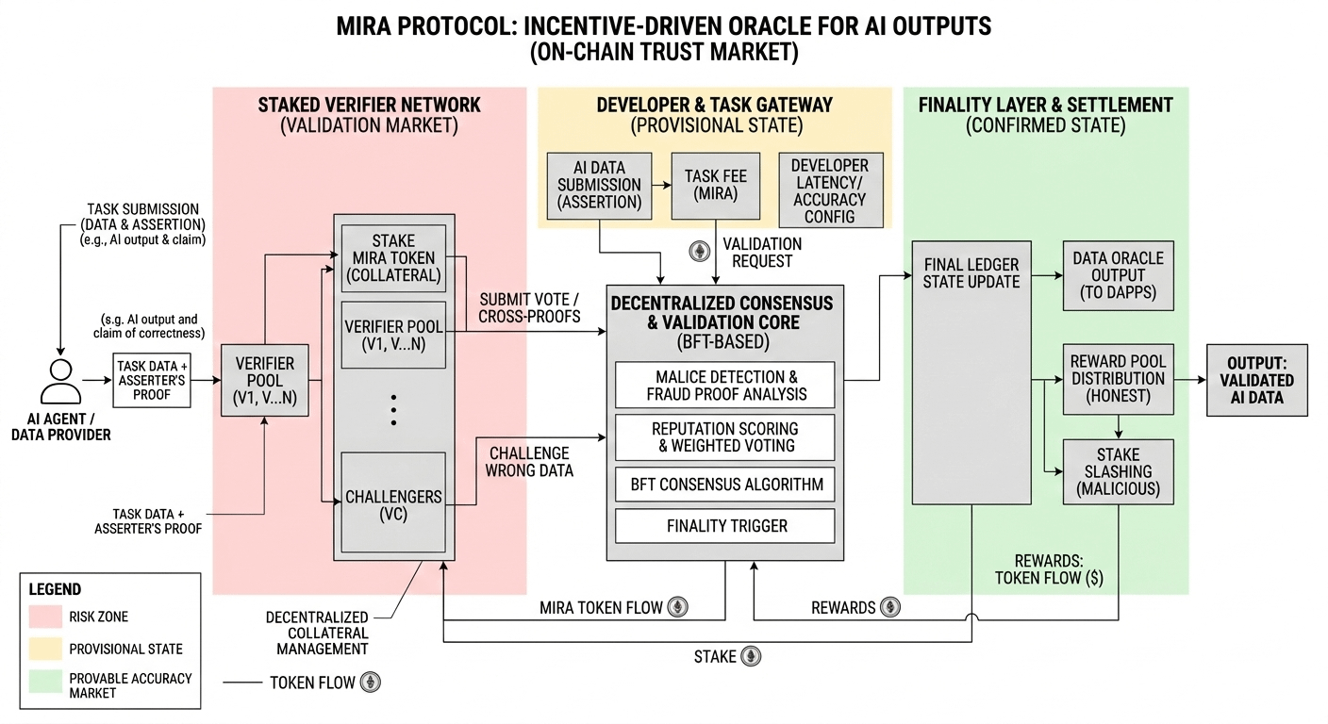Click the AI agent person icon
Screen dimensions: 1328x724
coord(60,382)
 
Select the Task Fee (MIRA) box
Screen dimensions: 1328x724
coord(716,186)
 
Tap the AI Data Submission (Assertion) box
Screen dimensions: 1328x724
coord(599,186)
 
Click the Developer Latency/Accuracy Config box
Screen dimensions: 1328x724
coord(831,190)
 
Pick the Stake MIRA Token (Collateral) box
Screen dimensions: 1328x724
coord(393,258)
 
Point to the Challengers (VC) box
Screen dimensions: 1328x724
coord(393,502)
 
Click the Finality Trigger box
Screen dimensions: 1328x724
coord(725,525)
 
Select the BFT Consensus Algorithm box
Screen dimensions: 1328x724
coord(725,484)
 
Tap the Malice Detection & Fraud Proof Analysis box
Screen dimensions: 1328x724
coord(725,386)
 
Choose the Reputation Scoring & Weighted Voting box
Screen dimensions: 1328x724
coord(725,437)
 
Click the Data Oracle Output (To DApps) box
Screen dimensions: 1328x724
coord(1118,275)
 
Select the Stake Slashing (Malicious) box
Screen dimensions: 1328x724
coord(1118,471)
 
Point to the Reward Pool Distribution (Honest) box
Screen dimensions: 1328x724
coord(1118,379)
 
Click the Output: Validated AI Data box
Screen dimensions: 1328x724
coord(1257,380)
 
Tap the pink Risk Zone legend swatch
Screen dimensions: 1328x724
coord(45,617)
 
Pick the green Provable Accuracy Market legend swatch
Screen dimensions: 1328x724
coord(45,682)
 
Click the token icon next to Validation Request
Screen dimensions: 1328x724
coord(700,251)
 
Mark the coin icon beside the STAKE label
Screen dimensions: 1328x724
coord(751,656)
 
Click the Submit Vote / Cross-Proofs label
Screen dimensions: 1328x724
coord(529,308)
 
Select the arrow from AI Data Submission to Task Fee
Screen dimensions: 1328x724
coord(661,186)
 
